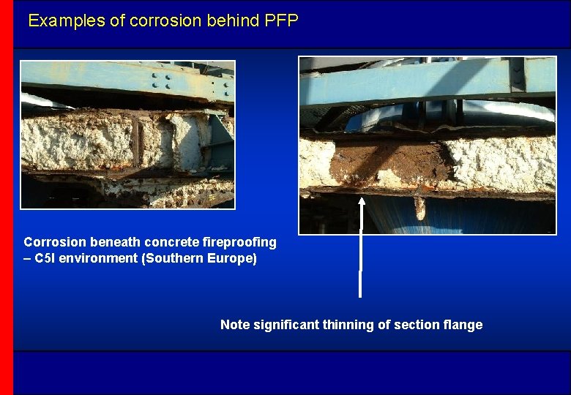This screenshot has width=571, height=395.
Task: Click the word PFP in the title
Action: [x=282, y=20]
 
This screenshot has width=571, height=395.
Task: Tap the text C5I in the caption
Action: [x=47, y=259]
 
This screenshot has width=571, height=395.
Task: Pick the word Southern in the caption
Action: [x=174, y=259]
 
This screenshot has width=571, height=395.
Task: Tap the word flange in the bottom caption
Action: [x=463, y=325]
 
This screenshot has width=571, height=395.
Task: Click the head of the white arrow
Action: [x=360, y=200]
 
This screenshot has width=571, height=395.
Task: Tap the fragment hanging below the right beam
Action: [x=419, y=208]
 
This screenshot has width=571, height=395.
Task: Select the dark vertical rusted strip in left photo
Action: [x=137, y=143]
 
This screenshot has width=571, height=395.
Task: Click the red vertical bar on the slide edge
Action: [x=7, y=197]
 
